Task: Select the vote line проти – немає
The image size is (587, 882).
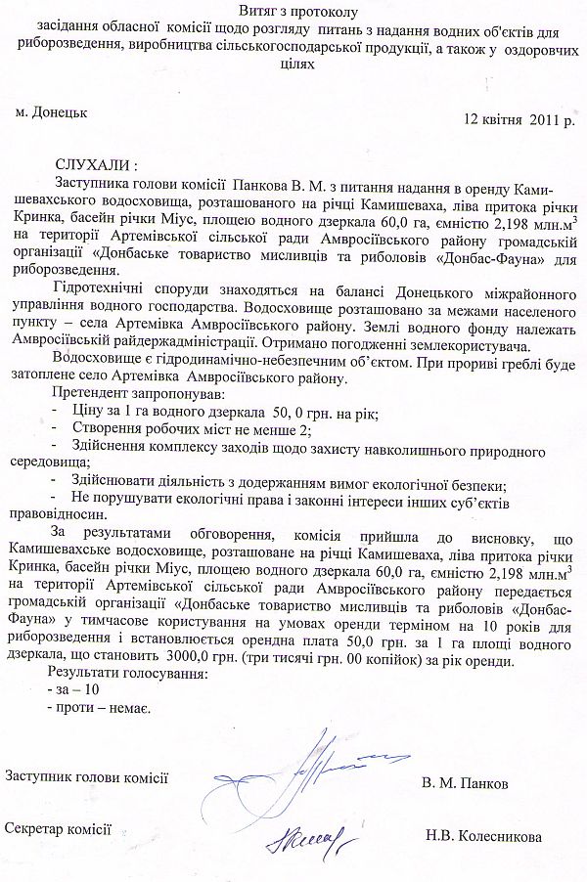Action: (91, 708)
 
